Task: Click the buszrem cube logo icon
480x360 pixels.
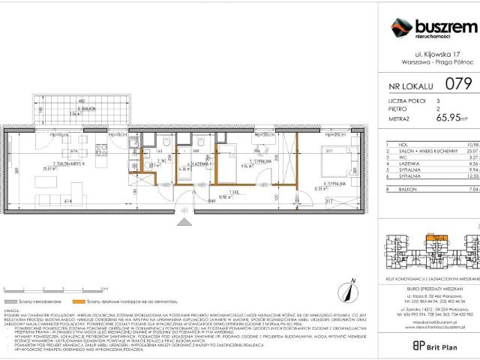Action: tap(401, 28)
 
